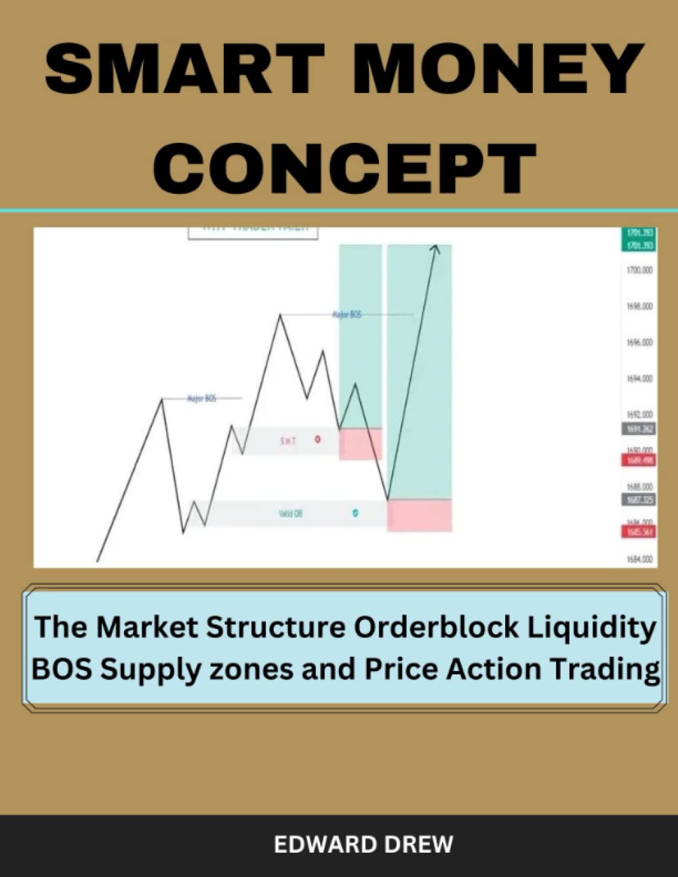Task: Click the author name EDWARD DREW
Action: point(363,844)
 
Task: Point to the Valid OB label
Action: point(291,514)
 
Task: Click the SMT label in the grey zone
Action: point(288,441)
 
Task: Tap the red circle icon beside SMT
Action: point(319,440)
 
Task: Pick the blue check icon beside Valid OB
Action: point(355,513)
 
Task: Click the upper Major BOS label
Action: point(347,314)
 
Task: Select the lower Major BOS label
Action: point(201,399)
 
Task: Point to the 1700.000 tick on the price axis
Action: point(639,270)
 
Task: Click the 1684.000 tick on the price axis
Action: point(639,559)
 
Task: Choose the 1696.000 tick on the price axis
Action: point(639,342)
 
